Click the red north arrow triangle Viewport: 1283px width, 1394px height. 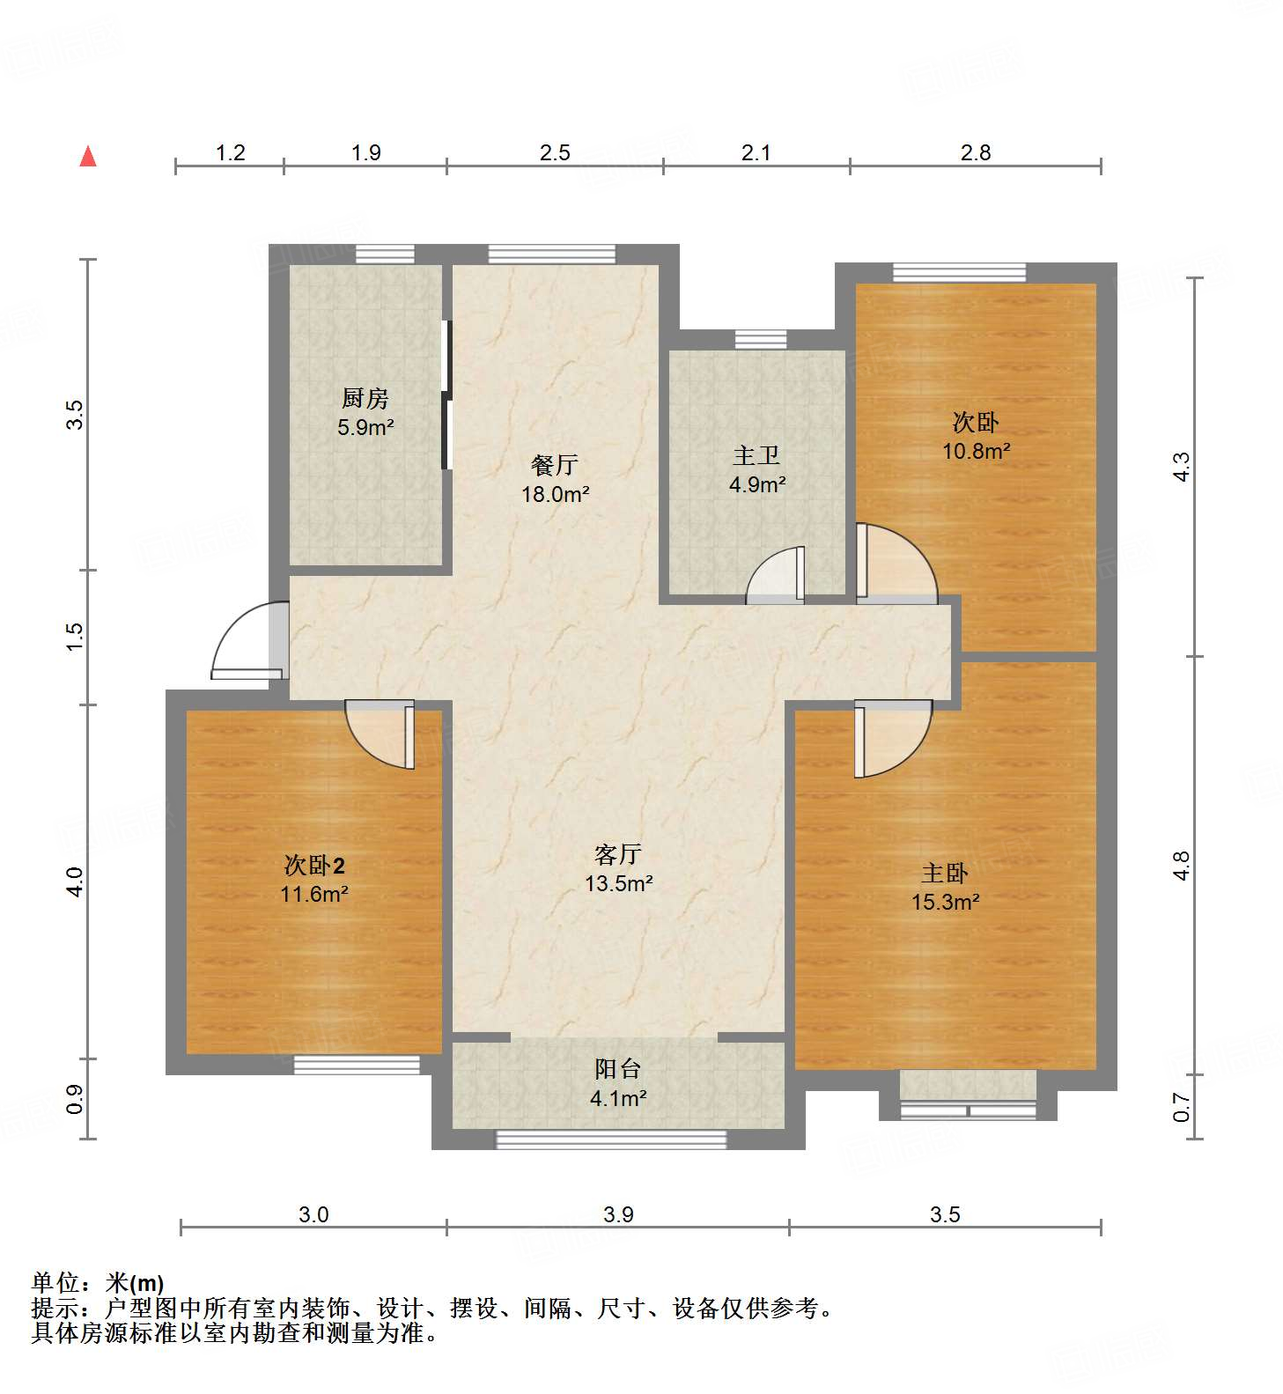pos(88,157)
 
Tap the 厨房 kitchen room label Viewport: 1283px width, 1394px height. pos(365,399)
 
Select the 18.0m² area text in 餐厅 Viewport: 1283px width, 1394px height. pos(555,494)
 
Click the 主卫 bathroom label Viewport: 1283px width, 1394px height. pos(756,456)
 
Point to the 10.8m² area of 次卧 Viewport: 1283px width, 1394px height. pos(976,452)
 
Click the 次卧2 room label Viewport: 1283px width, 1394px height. pos(314,866)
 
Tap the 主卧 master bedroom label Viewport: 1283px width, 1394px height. pos(945,874)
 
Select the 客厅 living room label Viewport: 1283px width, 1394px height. pos(618,854)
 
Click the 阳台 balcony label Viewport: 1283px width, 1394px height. pos(618,1070)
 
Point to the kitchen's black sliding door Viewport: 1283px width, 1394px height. pos(446,395)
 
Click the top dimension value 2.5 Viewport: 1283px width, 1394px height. pos(555,153)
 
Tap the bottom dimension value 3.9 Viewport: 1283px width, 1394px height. pos(618,1215)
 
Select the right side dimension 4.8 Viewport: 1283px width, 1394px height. pos(1182,865)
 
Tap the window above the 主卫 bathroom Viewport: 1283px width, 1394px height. pos(761,339)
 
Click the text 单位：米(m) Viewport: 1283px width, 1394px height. pos(98,1283)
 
